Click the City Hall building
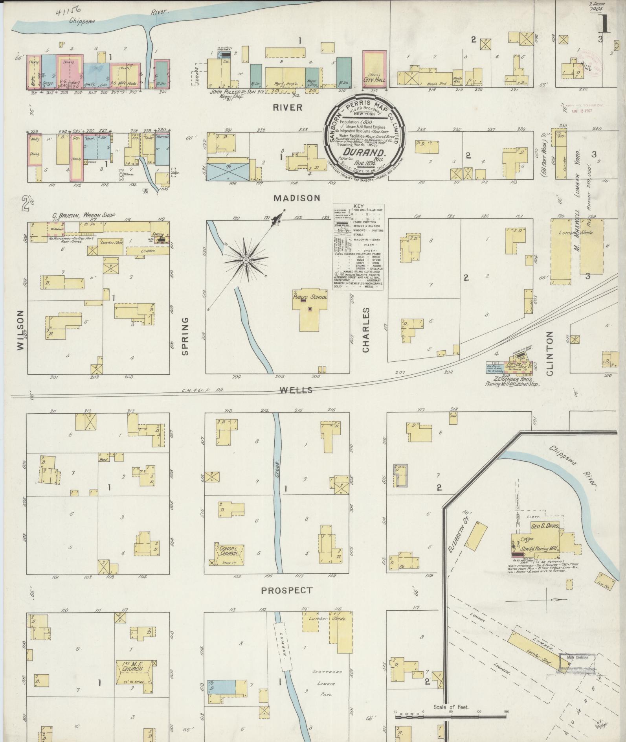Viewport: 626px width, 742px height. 374,69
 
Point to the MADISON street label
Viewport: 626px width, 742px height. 297,198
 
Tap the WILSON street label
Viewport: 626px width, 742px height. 21,330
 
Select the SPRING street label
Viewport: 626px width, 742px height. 185,336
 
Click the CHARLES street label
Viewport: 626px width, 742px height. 366,330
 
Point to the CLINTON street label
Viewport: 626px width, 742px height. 549,354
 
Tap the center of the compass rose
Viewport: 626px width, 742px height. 246,260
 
